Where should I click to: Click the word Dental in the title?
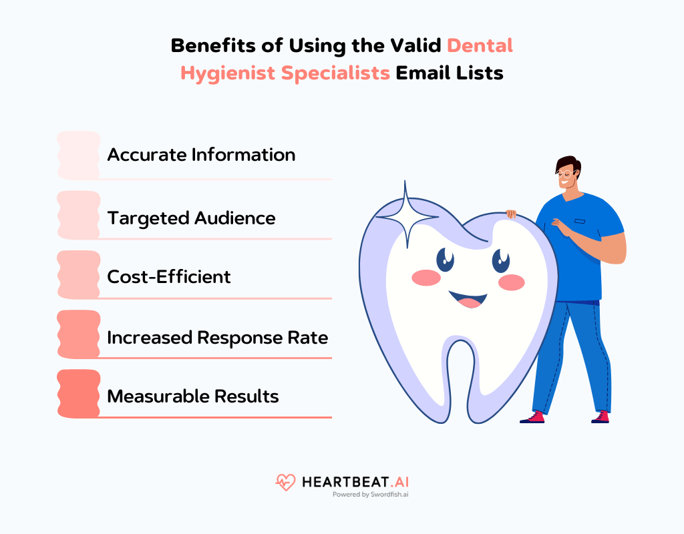pyautogui.click(x=480, y=45)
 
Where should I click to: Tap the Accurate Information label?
pyautogui.click(x=201, y=155)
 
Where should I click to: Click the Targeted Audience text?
pyautogui.click(x=191, y=218)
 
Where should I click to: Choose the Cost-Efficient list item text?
pyautogui.click(x=169, y=277)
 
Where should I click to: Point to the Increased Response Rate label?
pyautogui.click(x=218, y=338)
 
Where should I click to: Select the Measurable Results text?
pyautogui.click(x=193, y=396)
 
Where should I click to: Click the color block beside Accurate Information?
pyautogui.click(x=78, y=156)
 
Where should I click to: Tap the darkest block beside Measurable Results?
pyautogui.click(x=78, y=394)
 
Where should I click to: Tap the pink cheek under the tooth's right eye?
pyautogui.click(x=511, y=282)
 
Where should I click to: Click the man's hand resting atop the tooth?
pyautogui.click(x=511, y=214)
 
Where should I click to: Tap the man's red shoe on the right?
pyautogui.click(x=600, y=417)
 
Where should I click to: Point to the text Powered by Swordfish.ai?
pyautogui.click(x=371, y=495)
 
